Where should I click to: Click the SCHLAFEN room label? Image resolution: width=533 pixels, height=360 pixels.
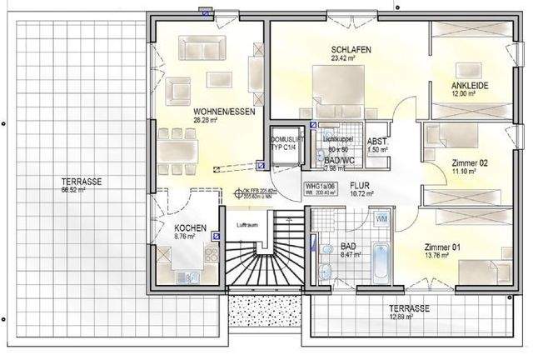coord(350,50)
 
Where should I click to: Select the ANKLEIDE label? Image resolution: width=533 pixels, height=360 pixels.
coord(469,86)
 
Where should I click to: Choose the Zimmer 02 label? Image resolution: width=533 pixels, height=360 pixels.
coord(468,162)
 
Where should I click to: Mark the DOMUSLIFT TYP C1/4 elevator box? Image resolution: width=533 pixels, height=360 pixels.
coord(284,142)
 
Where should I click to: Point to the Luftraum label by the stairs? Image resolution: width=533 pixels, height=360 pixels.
coord(246,225)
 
